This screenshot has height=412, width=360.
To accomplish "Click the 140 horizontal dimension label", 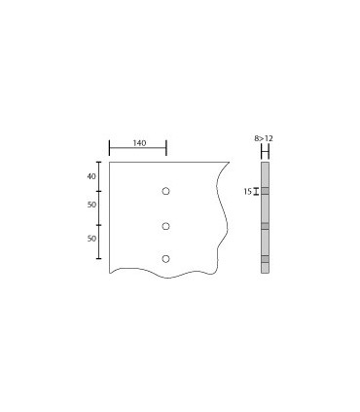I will [138, 143].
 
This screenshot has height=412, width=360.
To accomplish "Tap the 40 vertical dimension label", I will [91, 176].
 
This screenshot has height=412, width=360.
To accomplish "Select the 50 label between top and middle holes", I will [91, 206].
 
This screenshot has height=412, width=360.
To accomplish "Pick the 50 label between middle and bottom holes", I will [91, 239].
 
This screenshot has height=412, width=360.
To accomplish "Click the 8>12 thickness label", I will [264, 140].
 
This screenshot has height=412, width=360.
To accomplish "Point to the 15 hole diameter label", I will [248, 192].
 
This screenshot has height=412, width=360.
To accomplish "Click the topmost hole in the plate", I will [165, 191].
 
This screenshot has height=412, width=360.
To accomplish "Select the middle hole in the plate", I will [165, 226].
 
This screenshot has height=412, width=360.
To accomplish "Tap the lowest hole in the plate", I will [165, 259].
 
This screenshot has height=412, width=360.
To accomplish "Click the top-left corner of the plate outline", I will [109, 162].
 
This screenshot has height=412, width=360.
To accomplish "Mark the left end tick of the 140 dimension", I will [109, 148].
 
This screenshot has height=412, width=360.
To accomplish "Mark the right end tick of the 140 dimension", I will [166, 148].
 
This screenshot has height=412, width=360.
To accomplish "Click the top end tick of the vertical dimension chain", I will [99, 162].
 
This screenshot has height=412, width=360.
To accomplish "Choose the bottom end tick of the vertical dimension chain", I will [99, 259].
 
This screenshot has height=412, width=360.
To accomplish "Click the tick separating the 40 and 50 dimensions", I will [99, 191].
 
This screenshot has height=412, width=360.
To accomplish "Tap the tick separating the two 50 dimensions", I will [99, 225].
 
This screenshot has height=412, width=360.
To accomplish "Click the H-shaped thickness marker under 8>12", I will [264, 152].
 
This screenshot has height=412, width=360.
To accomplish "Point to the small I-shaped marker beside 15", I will [256, 192].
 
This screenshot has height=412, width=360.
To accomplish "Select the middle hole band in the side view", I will [264, 226].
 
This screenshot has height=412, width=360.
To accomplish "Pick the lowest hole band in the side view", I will [264, 259].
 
